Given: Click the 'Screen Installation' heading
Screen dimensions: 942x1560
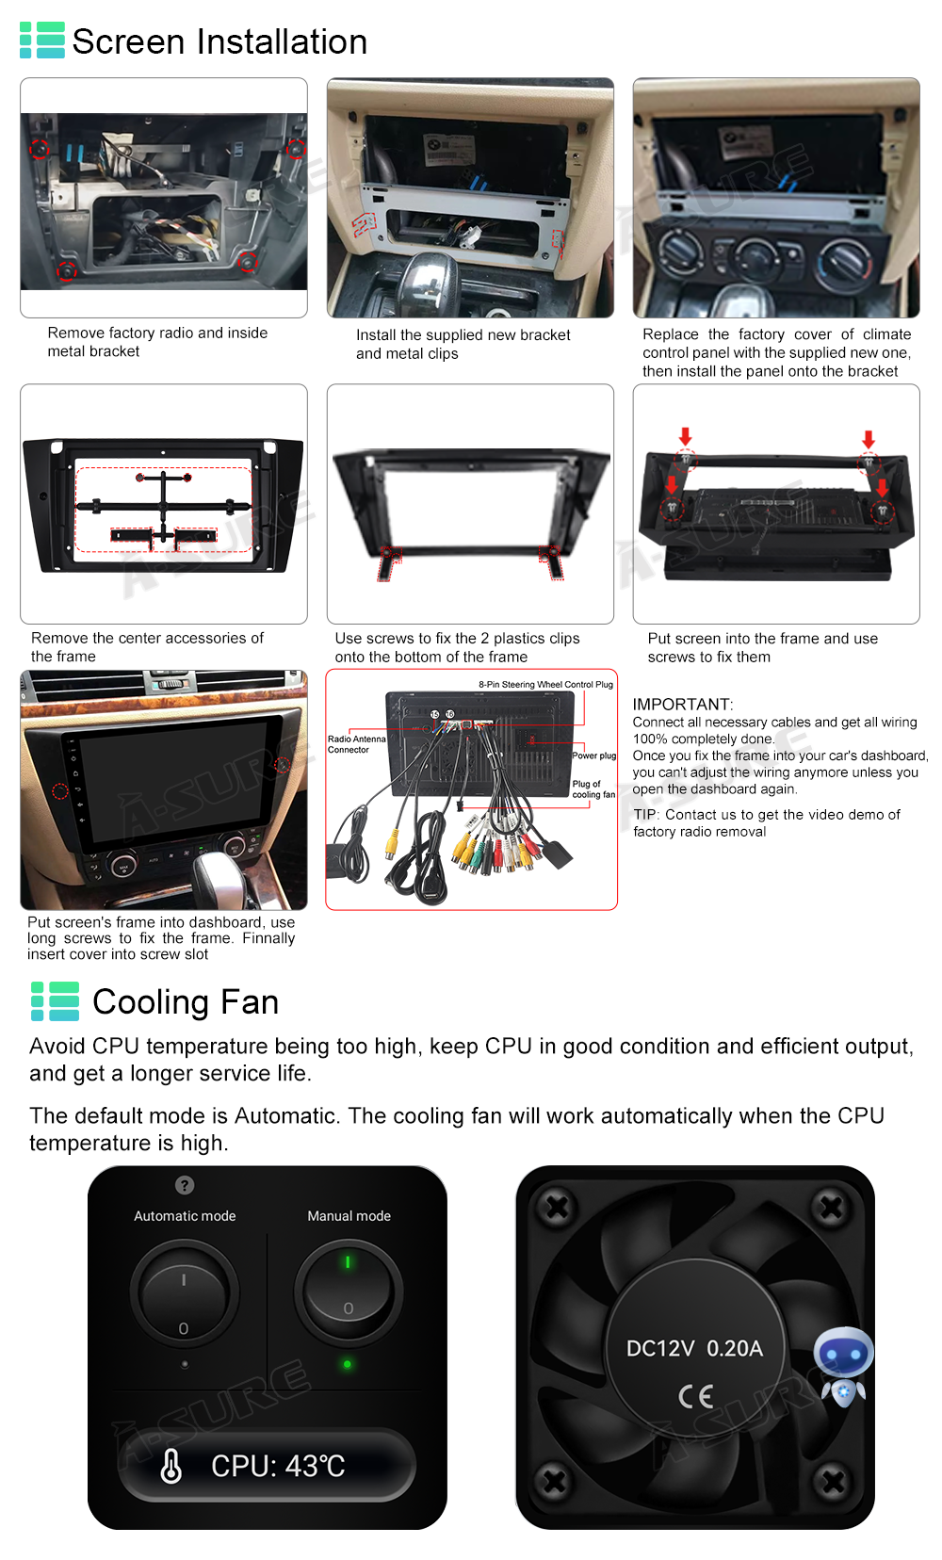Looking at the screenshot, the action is point(219,41).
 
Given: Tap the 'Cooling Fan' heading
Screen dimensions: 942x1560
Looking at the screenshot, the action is point(186,1002).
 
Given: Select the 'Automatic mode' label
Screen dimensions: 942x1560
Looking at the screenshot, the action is point(185,1216).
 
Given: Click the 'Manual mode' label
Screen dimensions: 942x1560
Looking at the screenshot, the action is point(349,1216).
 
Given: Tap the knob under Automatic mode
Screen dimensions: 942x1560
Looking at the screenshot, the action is point(184,1294).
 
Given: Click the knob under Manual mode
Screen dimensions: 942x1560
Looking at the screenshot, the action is point(349,1292).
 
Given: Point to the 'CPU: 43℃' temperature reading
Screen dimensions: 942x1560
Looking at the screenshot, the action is point(278,1466).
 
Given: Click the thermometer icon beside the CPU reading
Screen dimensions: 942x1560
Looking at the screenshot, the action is point(171,1466).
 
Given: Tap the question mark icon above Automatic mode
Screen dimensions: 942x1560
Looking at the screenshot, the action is point(185,1185).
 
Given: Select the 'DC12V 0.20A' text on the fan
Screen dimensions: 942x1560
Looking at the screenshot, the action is point(694,1349).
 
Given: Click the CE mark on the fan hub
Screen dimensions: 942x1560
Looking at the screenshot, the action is point(695,1396).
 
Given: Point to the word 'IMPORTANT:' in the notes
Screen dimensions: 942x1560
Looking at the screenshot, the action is point(682,704).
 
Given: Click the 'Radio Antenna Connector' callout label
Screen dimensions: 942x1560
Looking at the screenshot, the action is point(356,744).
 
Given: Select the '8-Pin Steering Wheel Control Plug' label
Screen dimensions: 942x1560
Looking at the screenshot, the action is point(545,685).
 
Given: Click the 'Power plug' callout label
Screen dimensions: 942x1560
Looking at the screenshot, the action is point(593,756).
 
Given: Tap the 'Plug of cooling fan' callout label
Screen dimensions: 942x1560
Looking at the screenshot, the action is point(593,789).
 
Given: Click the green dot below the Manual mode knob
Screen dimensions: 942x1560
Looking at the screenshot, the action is point(348,1364).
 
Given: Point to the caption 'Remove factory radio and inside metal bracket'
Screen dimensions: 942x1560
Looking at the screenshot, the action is point(157,342).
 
